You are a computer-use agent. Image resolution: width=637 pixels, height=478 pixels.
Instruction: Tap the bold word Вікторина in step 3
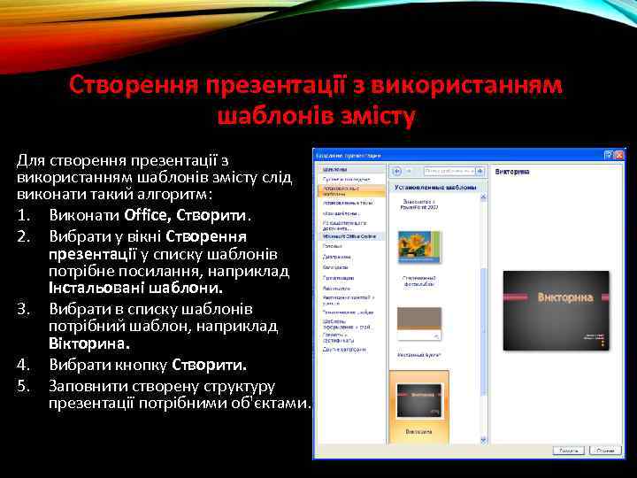[x=89, y=343]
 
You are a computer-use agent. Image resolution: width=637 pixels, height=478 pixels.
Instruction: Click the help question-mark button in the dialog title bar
[x=609, y=154]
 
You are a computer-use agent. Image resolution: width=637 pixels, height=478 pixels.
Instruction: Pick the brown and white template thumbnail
[x=418, y=324]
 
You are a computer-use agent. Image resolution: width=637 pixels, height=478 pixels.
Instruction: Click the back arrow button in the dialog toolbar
[x=398, y=170]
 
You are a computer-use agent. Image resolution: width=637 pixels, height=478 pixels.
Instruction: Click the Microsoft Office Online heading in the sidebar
[x=349, y=236]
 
